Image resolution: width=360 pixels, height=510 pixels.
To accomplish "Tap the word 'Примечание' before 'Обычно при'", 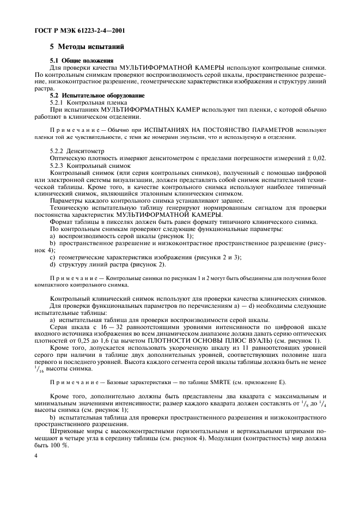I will click(x=72, y=131).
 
